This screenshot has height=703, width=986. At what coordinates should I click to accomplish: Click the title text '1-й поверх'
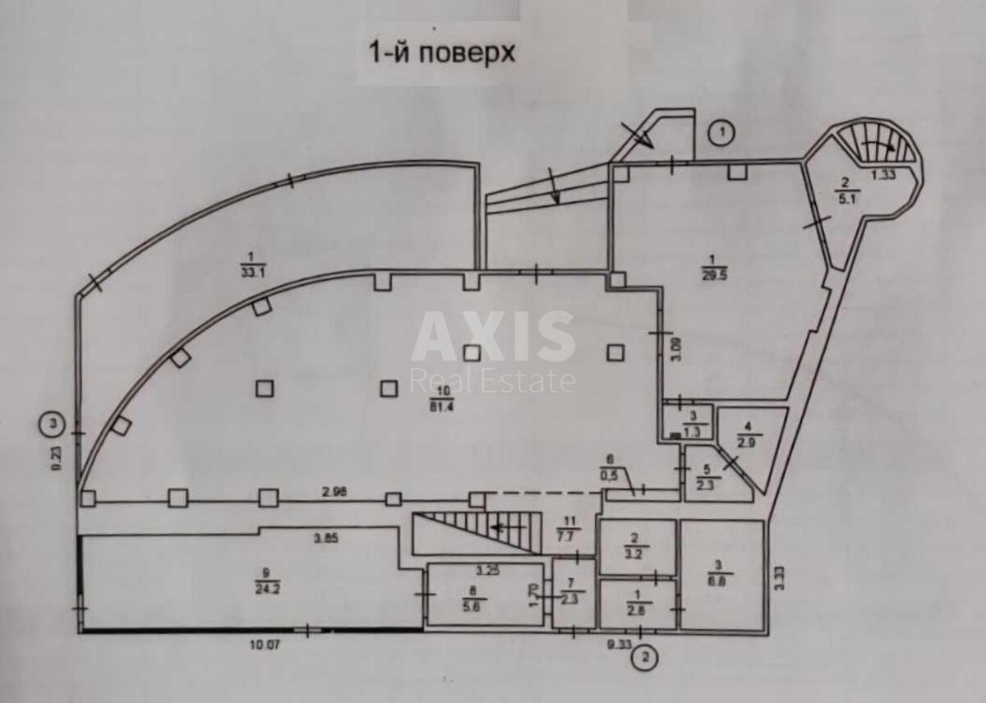tap(440, 53)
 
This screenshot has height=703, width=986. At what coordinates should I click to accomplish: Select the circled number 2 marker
tap(648, 656)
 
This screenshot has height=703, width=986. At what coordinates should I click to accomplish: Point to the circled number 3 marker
tap(53, 424)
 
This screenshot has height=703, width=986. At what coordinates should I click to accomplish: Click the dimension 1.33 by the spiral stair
tap(883, 173)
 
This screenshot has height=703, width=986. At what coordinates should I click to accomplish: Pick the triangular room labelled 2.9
tap(749, 436)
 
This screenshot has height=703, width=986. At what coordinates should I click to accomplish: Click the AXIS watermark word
tap(493, 336)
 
